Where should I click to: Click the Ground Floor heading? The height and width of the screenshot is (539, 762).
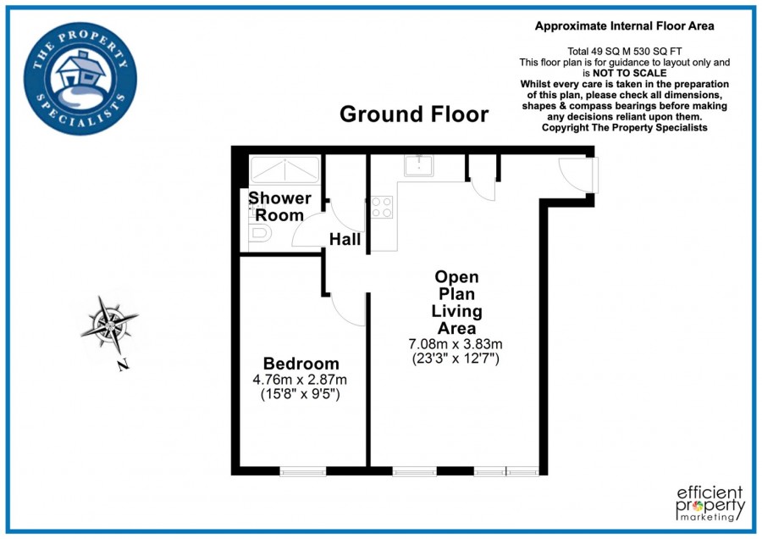[414, 114]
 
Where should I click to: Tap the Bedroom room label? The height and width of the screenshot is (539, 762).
[301, 364]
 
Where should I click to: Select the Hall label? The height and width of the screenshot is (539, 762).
[345, 239]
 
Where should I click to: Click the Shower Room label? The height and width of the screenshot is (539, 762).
[279, 206]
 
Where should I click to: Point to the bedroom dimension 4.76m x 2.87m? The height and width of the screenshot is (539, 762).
[300, 379]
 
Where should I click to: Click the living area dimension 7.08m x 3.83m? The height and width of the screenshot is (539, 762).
[456, 344]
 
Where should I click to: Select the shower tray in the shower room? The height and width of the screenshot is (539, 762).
[284, 169]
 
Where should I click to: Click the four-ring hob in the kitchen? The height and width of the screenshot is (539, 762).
[382, 208]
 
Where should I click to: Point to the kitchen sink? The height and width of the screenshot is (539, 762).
[419, 165]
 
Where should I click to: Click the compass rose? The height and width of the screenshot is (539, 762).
[110, 325]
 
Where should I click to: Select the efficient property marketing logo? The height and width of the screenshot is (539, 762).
[710, 503]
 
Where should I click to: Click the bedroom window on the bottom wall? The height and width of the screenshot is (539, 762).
[303, 471]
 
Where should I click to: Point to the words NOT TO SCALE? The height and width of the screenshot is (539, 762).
[629, 74]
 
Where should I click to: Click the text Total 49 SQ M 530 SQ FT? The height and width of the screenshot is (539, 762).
[625, 52]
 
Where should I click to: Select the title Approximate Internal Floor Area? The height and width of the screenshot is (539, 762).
[625, 26]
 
